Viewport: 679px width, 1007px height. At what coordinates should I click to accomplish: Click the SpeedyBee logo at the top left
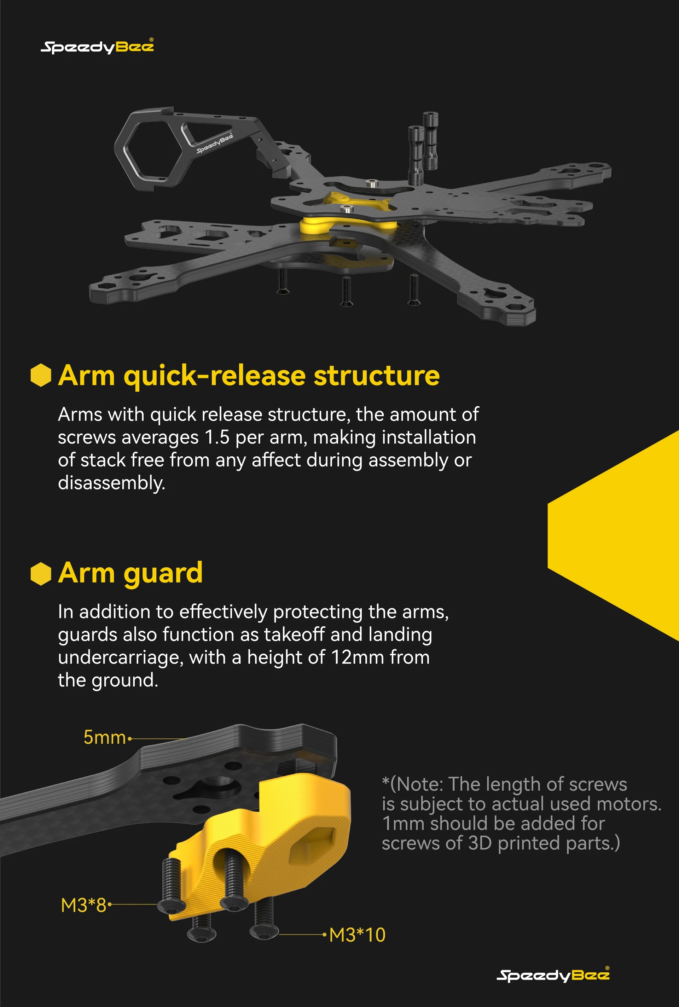(97, 46)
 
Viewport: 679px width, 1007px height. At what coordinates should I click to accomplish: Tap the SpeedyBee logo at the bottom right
(553, 974)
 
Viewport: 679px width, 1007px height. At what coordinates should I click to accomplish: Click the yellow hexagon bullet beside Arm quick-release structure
(41, 375)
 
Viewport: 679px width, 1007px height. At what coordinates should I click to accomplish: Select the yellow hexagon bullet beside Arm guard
(41, 574)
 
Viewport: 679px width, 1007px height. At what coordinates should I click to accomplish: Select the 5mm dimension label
(104, 737)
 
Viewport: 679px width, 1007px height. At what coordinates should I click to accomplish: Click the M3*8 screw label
(83, 905)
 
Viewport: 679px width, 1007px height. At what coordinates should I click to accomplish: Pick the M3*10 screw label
(357, 935)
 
